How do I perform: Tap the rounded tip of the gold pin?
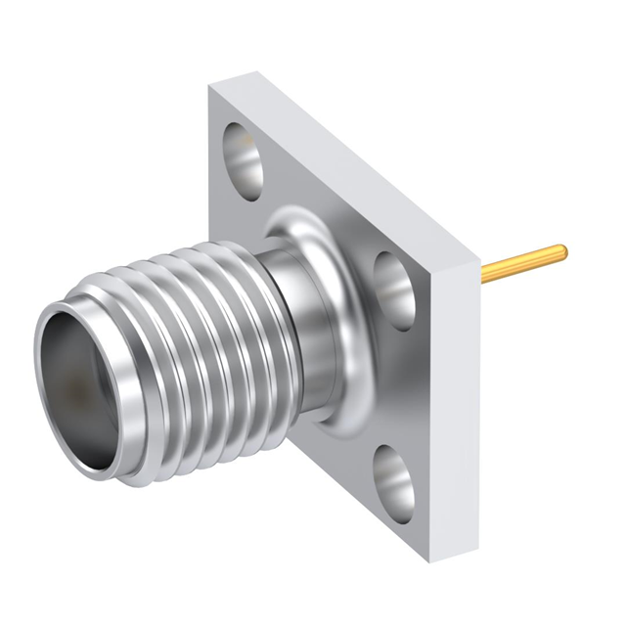click(x=561, y=251)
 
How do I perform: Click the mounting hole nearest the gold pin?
click(x=394, y=290)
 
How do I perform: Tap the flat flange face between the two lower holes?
click(x=401, y=391)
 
